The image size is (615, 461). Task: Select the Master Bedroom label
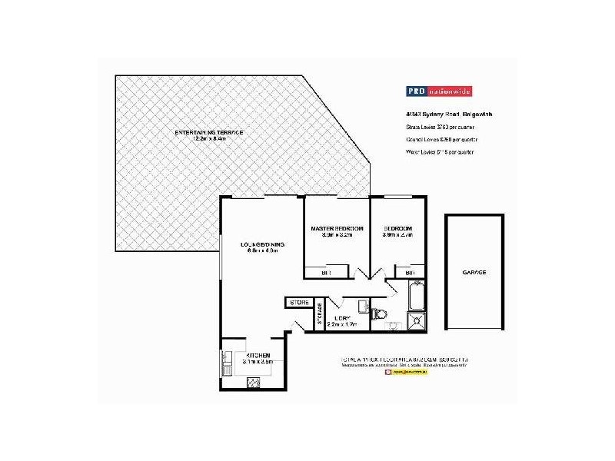[x=337, y=229]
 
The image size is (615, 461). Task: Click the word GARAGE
[x=474, y=272]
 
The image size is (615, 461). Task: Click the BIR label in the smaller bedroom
[x=410, y=272]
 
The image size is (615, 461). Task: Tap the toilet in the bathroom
[x=377, y=313]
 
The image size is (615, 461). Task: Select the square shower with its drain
[x=417, y=321]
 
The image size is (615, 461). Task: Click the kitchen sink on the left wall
[x=227, y=362]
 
